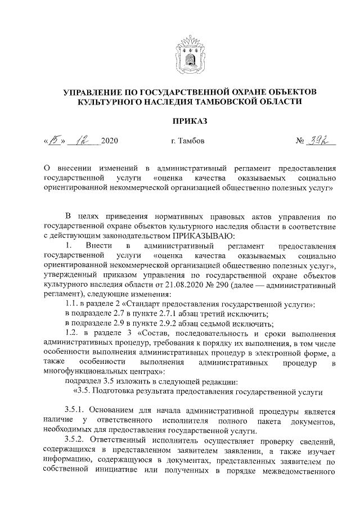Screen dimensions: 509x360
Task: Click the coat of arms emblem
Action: (x=190, y=52)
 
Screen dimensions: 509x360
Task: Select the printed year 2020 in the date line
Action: (x=109, y=141)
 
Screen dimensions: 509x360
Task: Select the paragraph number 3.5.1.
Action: (x=75, y=411)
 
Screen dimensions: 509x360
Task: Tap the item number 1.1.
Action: (x=73, y=304)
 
